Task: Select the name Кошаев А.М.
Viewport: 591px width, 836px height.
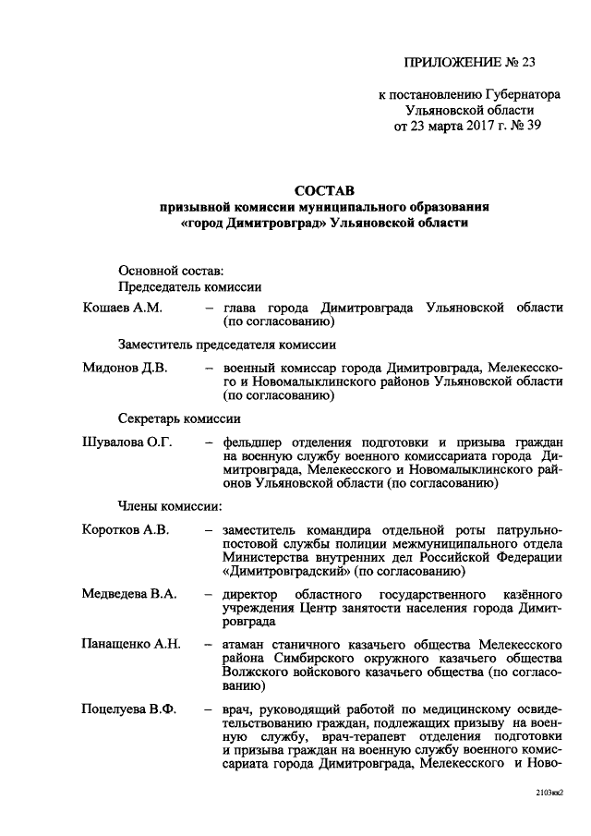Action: pyautogui.click(x=123, y=307)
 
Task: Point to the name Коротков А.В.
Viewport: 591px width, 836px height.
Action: pyautogui.click(x=127, y=530)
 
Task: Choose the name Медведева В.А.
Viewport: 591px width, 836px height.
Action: pyautogui.click(x=129, y=591)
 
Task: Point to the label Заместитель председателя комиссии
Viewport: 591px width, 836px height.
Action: pyautogui.click(x=226, y=344)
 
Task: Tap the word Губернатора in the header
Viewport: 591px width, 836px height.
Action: pyautogui.click(x=515, y=94)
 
